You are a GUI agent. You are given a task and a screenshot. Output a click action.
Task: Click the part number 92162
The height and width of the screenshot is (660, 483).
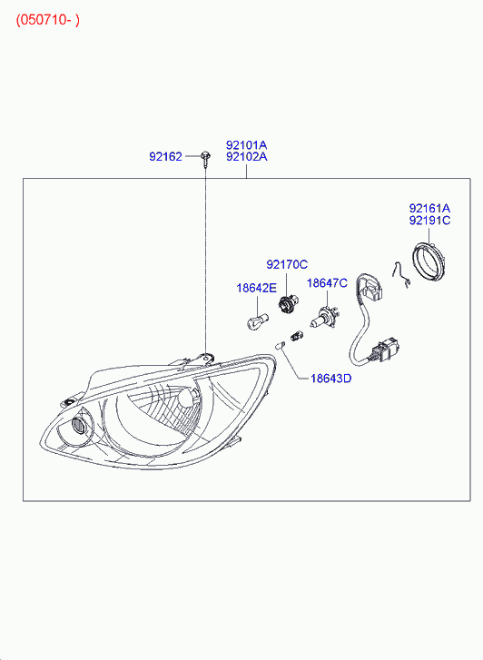point(165,156)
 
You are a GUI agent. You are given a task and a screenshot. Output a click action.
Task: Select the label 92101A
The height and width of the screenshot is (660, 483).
point(246,145)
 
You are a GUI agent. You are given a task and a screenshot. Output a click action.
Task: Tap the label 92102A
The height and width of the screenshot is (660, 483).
point(246,156)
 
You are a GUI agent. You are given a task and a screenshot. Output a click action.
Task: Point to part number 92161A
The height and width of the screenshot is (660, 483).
point(429,208)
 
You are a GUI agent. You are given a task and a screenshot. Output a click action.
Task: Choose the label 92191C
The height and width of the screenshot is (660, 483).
point(429,220)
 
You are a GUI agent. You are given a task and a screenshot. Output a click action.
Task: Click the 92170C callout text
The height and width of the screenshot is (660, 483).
point(287,264)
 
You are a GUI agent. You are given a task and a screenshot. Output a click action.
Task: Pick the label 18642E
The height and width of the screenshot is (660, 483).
point(256,288)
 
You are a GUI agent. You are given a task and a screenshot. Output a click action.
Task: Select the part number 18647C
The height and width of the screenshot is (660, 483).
point(327,283)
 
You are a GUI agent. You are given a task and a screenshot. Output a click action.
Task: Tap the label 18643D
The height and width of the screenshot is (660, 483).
point(331,379)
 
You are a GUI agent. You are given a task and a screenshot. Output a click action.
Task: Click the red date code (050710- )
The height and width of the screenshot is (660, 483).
point(47,20)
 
